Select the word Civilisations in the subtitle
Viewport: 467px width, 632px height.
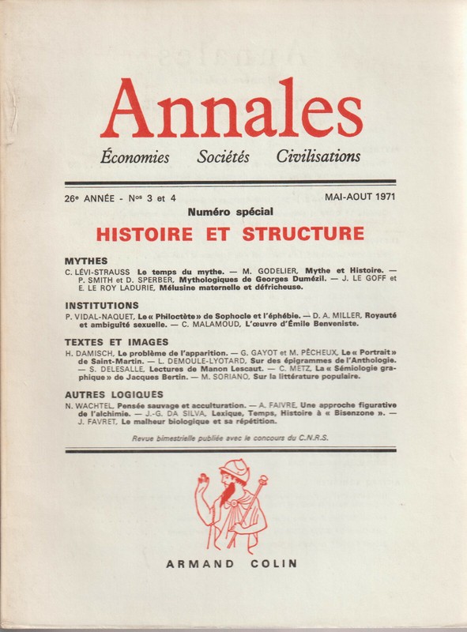click(318, 156)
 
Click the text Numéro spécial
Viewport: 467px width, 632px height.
click(231, 213)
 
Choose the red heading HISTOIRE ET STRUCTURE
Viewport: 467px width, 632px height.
click(230, 234)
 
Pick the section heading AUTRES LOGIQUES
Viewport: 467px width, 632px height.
click(115, 393)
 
